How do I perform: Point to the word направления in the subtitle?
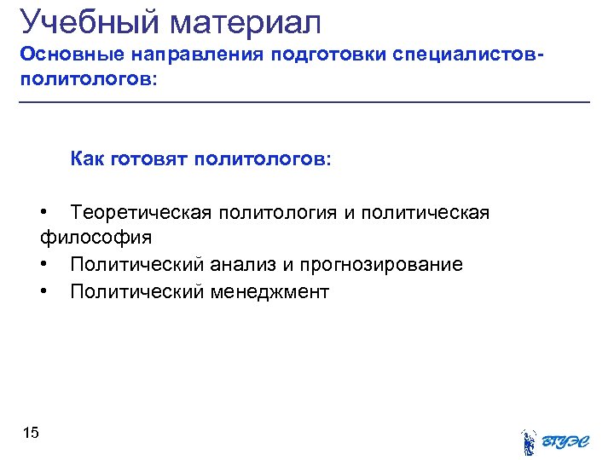pos(198,55)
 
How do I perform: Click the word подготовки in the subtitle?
pos(328,55)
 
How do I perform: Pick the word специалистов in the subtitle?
pos(465,55)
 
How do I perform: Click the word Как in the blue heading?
pos(88,159)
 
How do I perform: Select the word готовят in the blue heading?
pos(148,159)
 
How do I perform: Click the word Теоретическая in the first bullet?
pos(141,212)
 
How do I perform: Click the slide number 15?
pos(31,434)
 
